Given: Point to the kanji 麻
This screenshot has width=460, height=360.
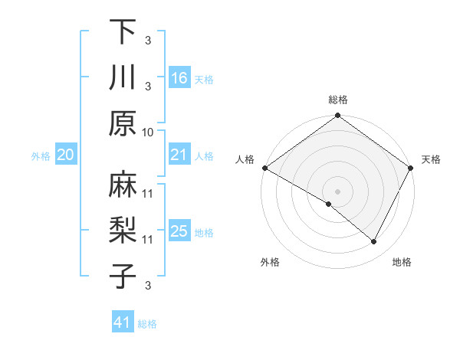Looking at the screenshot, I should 123,184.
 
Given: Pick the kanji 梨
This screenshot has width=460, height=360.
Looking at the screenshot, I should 123,230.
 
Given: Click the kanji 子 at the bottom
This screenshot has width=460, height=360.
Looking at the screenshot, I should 123,276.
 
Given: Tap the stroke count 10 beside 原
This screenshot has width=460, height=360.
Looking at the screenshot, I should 148,132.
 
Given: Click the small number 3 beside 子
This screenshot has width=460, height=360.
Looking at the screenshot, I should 148,285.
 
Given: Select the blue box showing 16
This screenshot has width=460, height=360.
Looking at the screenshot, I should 179,78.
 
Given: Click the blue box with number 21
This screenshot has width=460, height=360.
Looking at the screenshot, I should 179,155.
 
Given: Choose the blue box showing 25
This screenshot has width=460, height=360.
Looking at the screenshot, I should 179,231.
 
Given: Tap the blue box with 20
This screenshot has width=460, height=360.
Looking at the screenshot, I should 65,155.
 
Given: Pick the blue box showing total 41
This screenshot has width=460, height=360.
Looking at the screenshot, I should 123,322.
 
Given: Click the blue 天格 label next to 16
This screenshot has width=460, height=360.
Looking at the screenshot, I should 203,79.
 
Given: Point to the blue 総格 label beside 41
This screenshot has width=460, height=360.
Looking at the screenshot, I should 147,323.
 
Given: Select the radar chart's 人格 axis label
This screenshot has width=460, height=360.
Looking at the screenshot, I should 245,159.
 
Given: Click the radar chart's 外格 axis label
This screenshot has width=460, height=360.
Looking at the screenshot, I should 270,262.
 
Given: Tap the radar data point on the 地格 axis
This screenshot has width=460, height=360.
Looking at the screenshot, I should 374,242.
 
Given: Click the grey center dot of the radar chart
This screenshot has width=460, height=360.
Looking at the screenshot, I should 338,191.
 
